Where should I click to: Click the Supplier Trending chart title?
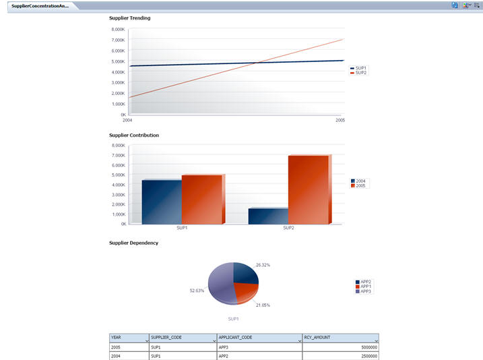click(x=129, y=18)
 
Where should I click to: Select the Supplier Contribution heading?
click(x=134, y=136)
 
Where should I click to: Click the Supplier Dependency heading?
click(x=133, y=243)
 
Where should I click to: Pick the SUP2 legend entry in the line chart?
click(x=360, y=73)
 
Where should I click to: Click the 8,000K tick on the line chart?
click(x=117, y=30)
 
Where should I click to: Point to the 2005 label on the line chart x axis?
click(x=340, y=120)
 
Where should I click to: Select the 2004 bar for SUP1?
click(x=162, y=201)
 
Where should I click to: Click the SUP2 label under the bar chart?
click(x=288, y=228)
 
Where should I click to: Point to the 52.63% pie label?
click(x=197, y=291)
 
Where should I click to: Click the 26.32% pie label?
click(x=263, y=265)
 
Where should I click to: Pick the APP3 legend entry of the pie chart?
click(x=365, y=291)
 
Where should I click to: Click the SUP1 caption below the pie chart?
click(x=234, y=318)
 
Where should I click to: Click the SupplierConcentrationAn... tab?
click(x=40, y=5)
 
